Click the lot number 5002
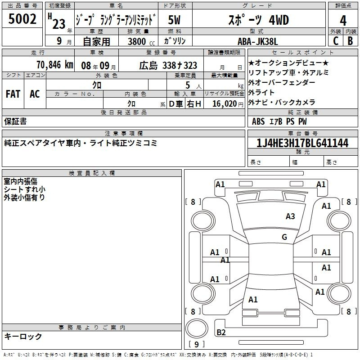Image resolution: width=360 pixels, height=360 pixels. click(22, 19)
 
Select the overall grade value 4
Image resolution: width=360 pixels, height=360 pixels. click(343, 21)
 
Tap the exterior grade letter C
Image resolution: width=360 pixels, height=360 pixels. click(336, 41)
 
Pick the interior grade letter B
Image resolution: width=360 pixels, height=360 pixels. click(350, 41)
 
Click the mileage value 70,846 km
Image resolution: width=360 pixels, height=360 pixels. click(55, 65)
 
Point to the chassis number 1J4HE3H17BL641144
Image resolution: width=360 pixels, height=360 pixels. click(302, 143)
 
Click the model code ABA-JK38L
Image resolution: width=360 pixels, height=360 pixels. click(257, 41)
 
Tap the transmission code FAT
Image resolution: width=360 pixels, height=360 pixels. click(13, 94)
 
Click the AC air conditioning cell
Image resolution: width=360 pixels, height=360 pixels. click(35, 94)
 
